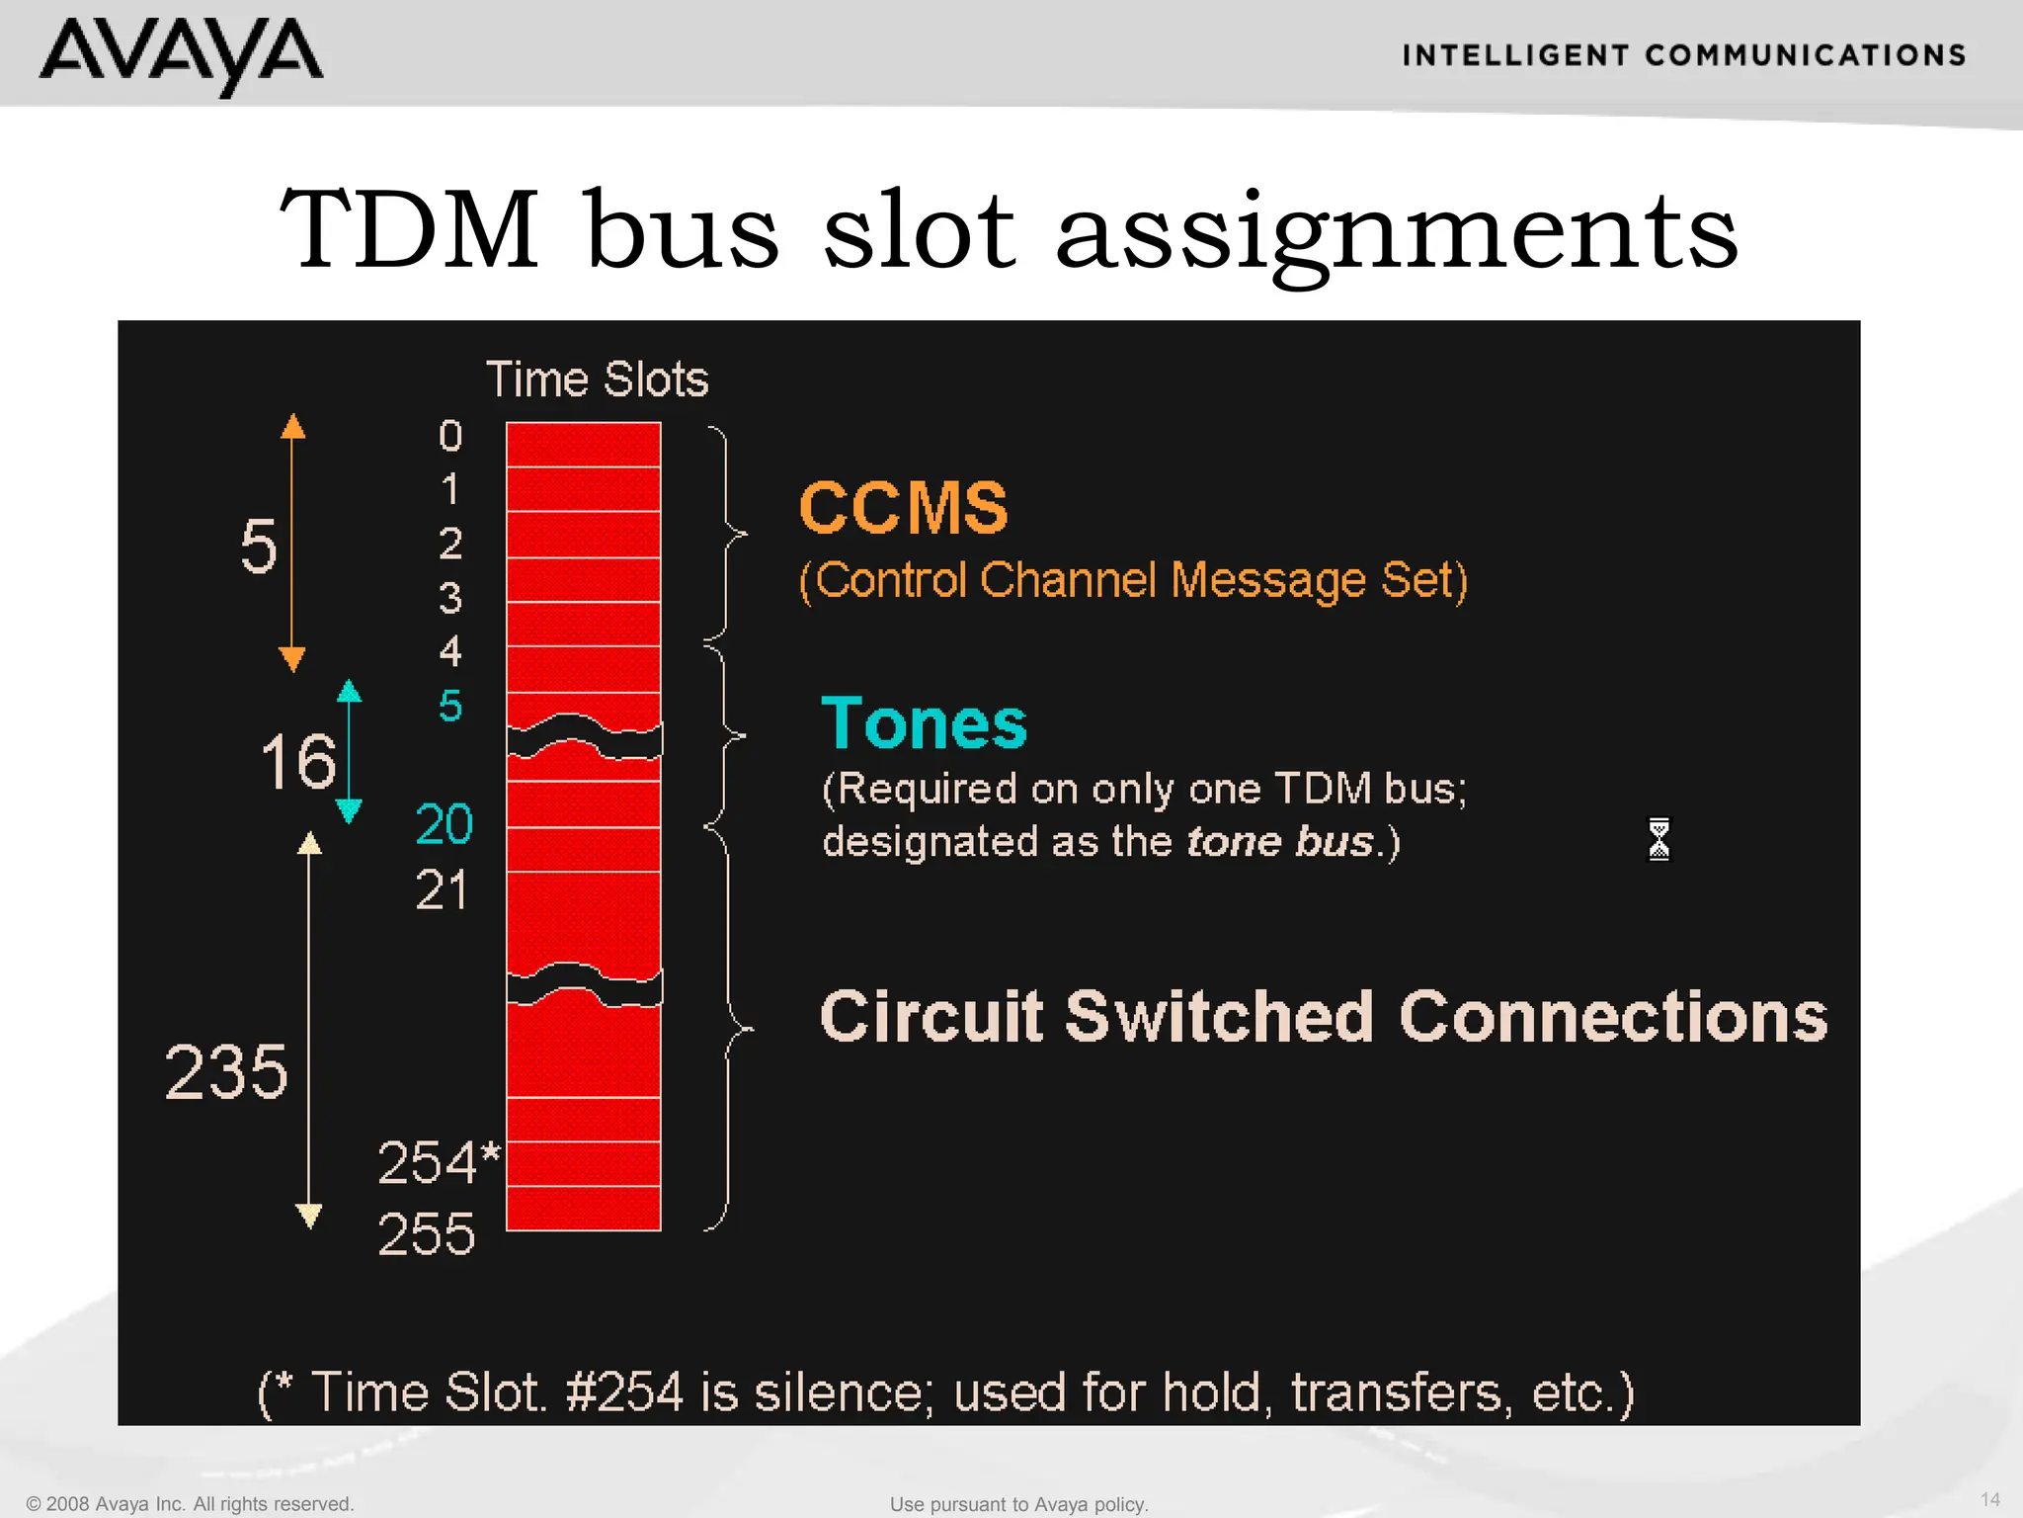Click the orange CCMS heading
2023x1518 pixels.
coord(903,508)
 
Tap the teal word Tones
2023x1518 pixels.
coord(924,723)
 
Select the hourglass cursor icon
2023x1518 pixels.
coord(1659,839)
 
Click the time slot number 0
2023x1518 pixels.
coord(450,436)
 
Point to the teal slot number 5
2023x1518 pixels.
coord(450,706)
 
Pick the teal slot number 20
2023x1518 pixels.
coord(445,823)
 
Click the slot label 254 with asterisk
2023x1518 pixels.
coord(439,1162)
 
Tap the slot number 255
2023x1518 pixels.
coord(427,1234)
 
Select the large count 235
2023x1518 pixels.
coord(226,1072)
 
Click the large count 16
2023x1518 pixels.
coord(297,762)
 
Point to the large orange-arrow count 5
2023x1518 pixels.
coord(259,546)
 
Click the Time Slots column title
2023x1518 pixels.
coord(597,379)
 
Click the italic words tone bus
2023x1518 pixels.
coord(1280,842)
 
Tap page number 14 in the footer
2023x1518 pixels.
coord(1989,1499)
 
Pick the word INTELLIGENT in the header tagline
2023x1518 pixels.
coord(1514,55)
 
